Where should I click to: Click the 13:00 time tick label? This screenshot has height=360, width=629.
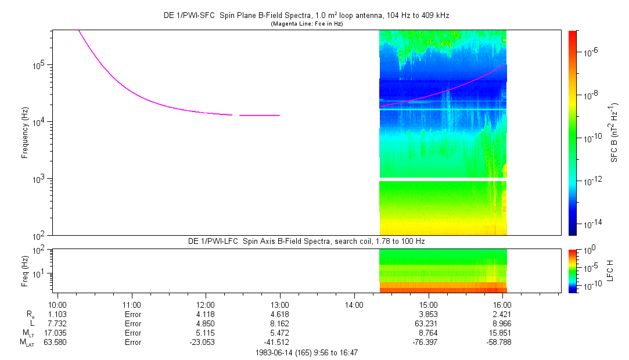pos(280,304)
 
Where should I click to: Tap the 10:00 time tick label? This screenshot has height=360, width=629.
pos(57,304)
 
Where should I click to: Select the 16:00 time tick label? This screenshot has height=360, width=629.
pos(502,304)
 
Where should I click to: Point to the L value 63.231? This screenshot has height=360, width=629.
pos(428,323)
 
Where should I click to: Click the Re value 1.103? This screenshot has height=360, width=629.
pos(57,314)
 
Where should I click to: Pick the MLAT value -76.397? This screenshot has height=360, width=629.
pos(428,342)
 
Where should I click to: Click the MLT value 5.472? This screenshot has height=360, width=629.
pos(280,333)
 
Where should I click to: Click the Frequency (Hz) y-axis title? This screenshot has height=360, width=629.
pos(25,133)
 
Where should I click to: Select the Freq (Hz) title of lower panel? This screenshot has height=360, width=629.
pos(25,270)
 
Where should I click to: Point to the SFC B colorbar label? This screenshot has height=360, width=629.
pos(614,133)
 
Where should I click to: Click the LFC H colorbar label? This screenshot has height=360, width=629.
pos(614,270)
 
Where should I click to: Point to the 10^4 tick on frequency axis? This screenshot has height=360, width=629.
pos(39,122)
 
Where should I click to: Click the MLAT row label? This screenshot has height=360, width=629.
pos(28,342)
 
